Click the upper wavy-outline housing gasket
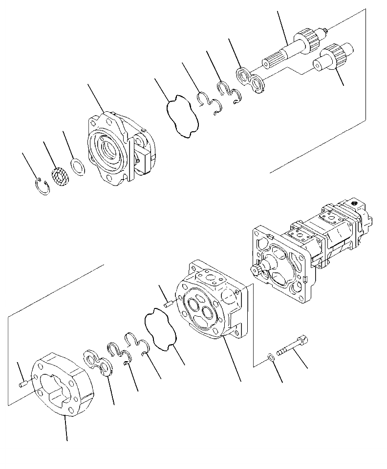coord(182,116)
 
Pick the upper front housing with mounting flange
coord(120,149)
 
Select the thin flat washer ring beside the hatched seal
coord(78,168)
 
